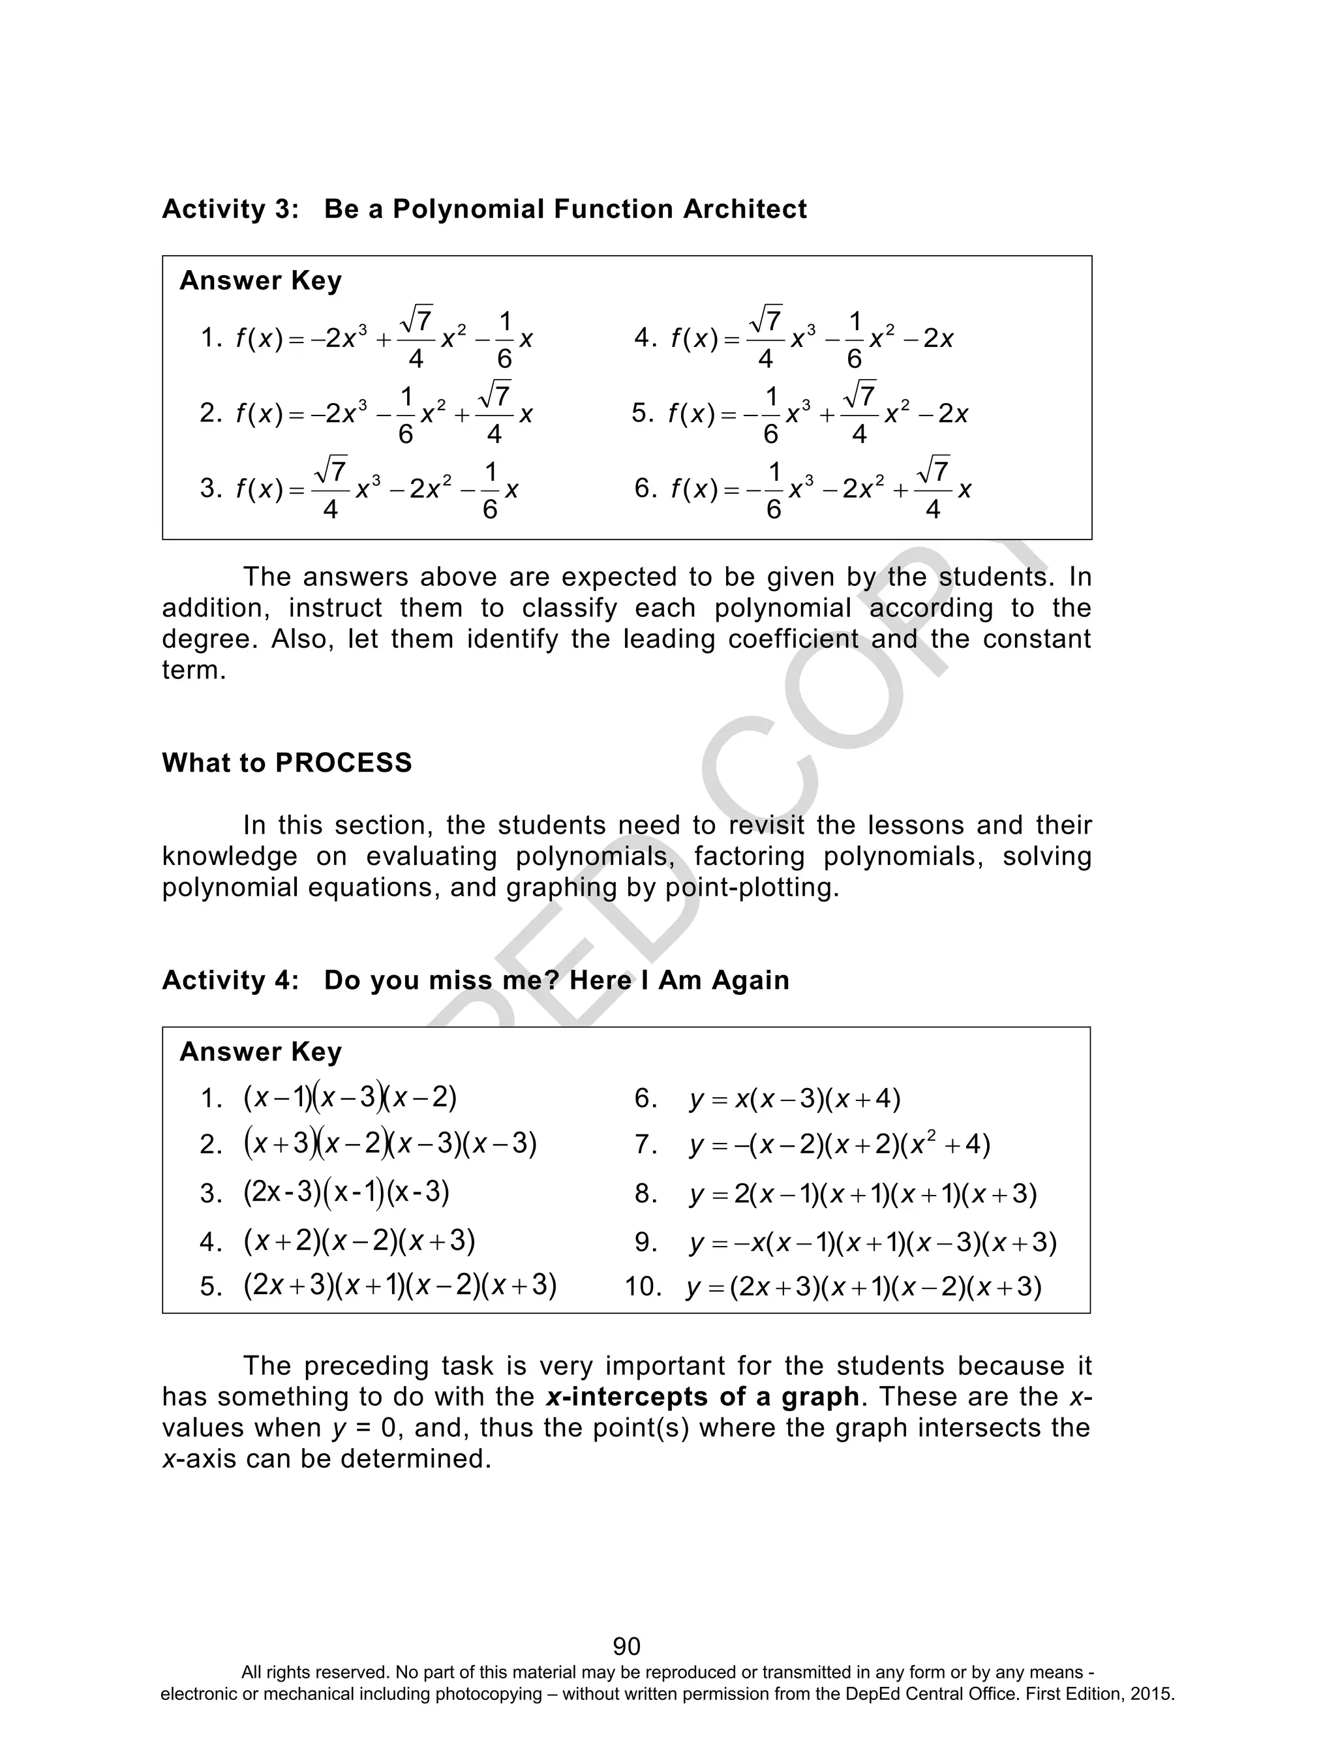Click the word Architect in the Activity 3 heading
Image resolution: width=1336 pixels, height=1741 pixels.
[744, 209]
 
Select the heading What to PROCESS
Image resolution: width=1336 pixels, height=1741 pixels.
[287, 763]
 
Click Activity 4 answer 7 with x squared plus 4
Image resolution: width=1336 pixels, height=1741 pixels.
[840, 1145]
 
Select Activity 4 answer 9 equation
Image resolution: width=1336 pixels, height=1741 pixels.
[872, 1243]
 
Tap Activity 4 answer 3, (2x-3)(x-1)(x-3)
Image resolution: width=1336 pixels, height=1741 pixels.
[347, 1192]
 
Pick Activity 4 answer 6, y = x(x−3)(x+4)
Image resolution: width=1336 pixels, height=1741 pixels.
[795, 1099]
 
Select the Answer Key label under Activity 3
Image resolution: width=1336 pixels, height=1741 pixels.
[261, 280]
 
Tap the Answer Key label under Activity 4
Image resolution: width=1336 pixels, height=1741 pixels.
[261, 1052]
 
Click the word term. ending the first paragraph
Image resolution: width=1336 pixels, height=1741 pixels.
[194, 670]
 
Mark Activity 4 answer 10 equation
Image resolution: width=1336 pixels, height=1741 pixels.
[864, 1286]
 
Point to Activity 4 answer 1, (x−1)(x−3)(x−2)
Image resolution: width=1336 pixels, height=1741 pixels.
[350, 1098]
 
